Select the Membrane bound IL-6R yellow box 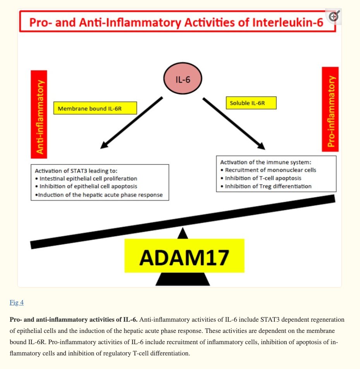click(x=95, y=108)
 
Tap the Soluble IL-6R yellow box click(x=251, y=103)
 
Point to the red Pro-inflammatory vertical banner click(x=330, y=109)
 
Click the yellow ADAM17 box click(x=184, y=256)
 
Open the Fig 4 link click(x=17, y=302)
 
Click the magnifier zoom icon click(x=334, y=16)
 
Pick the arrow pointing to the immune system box click(x=234, y=123)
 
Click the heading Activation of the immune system click(x=260, y=162)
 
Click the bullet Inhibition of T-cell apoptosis click(x=263, y=178)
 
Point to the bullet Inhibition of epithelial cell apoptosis click(x=88, y=186)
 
